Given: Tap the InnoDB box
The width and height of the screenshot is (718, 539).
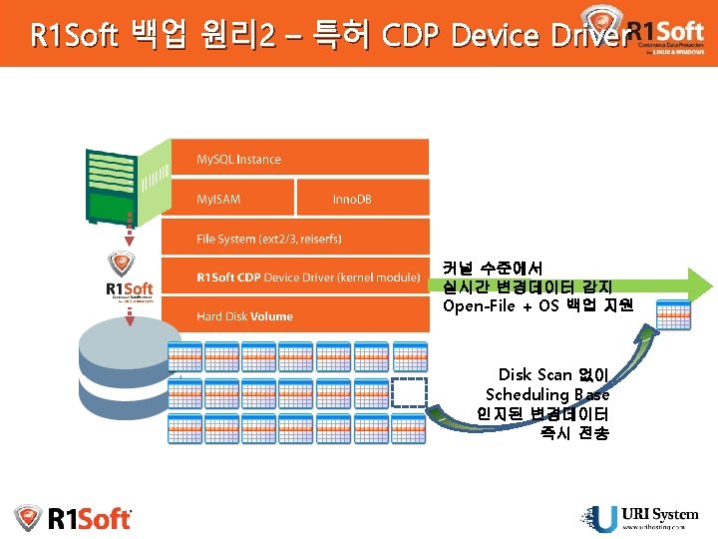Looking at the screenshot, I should [x=363, y=199].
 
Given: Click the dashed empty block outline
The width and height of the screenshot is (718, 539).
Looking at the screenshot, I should [x=409, y=392].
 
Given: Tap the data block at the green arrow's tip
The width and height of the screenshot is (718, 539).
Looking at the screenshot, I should [x=673, y=314].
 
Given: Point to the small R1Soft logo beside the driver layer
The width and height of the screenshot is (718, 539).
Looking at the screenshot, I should [x=130, y=276].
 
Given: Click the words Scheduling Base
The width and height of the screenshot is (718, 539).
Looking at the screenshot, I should [x=547, y=394].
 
